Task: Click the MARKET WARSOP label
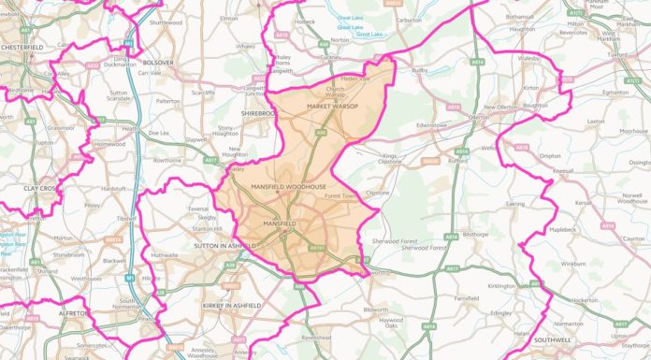click(x=333, y=106)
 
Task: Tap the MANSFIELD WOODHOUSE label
click(x=289, y=187)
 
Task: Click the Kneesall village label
click(x=564, y=171)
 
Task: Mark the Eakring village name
click(x=515, y=203)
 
